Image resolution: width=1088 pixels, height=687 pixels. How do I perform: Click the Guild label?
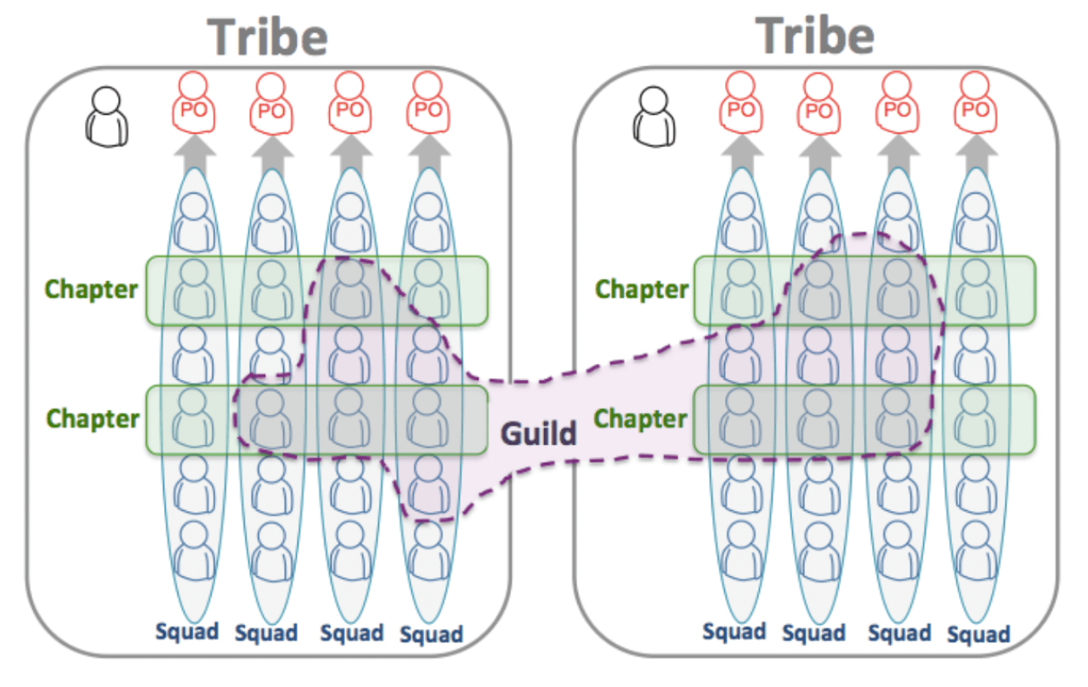538,434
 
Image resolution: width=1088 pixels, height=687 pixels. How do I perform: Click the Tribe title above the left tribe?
268,38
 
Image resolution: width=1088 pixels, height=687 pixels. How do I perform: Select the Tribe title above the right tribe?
815,37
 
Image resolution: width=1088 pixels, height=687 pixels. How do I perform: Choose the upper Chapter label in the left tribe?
92,289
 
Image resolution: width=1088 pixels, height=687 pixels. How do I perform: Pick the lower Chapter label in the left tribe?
93,418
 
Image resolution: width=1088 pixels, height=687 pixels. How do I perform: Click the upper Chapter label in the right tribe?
641,289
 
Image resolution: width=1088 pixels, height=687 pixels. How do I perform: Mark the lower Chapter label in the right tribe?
640,418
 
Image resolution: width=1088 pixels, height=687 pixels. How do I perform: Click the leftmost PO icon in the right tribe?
740,100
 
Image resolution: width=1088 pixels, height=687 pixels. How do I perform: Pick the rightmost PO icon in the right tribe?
976,100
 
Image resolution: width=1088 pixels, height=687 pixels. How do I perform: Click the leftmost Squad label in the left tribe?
187,631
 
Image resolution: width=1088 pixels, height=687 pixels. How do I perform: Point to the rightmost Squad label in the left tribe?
432,634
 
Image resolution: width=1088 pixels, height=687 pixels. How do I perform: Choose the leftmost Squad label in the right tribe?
734,631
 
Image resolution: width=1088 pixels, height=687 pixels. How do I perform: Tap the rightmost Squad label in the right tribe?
978,634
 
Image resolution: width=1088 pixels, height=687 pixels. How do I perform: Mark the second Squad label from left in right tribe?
814,633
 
